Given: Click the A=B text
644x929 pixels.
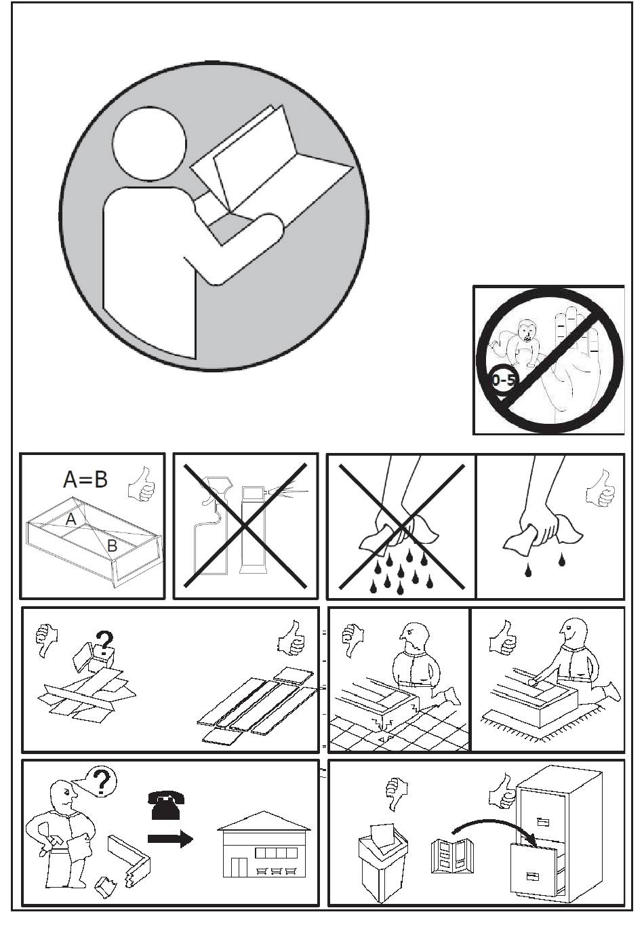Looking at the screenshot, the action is (x=85, y=479).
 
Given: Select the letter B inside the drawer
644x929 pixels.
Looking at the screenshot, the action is (x=112, y=546).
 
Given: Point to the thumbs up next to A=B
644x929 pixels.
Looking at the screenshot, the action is (x=142, y=484).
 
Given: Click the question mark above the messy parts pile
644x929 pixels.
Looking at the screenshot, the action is (x=104, y=641).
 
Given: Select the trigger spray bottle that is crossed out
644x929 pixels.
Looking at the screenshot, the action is (x=211, y=526).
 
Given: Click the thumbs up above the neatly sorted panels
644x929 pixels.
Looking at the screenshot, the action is (x=291, y=638).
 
